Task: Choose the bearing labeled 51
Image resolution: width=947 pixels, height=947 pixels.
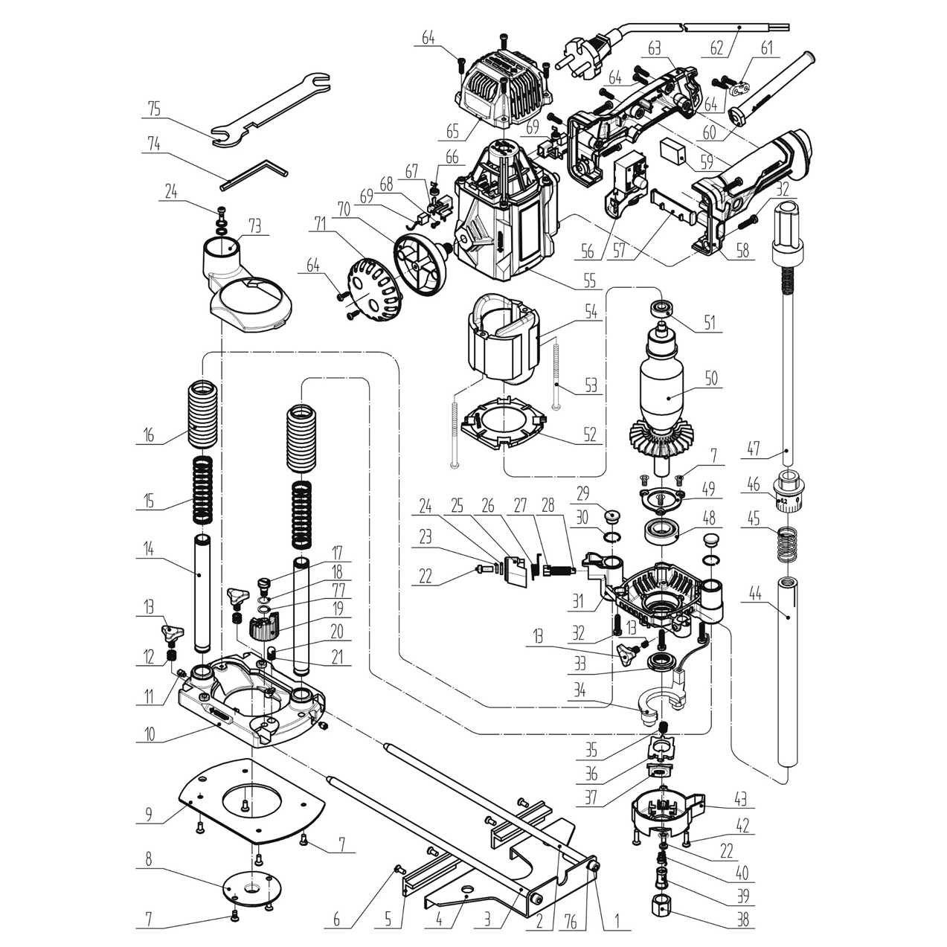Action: click(x=660, y=306)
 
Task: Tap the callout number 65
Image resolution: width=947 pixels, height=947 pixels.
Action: click(x=452, y=133)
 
